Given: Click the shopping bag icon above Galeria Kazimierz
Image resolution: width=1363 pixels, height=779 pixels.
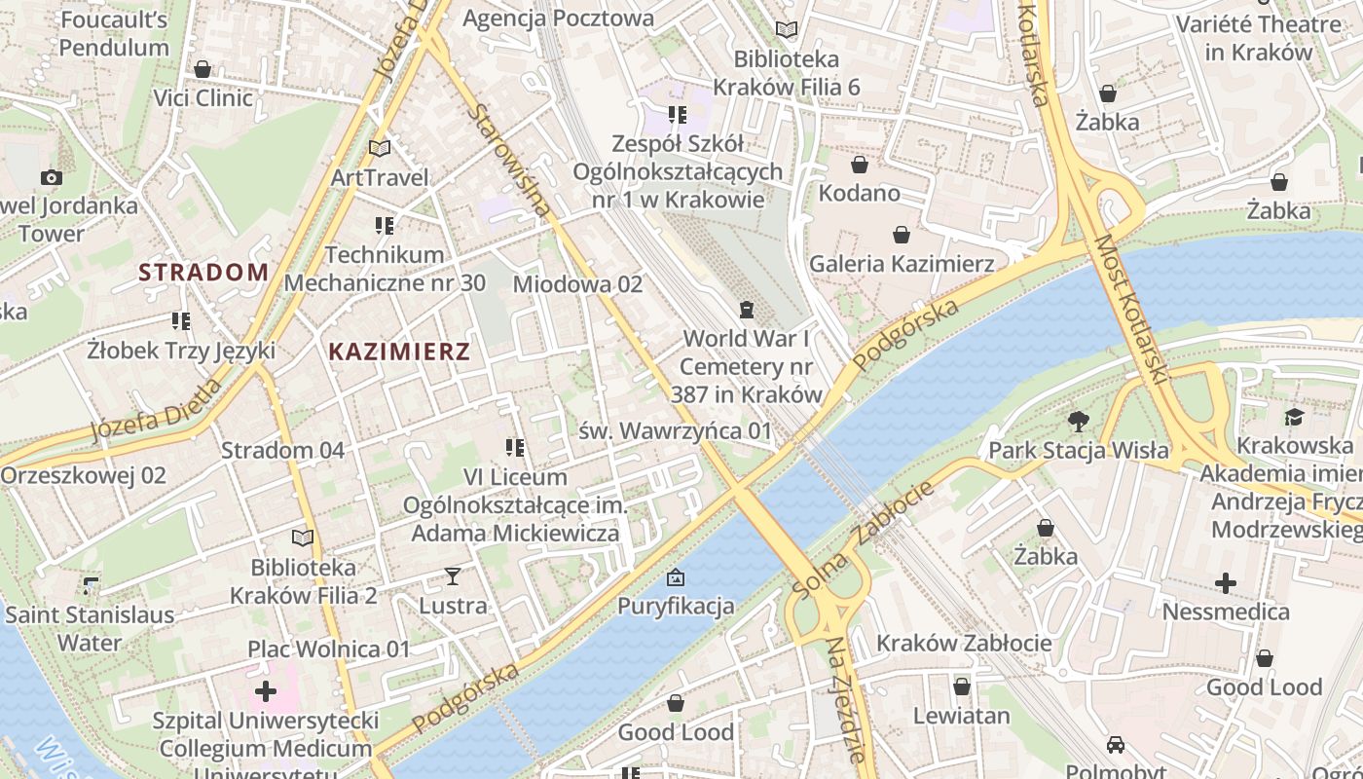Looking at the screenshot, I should (x=902, y=235).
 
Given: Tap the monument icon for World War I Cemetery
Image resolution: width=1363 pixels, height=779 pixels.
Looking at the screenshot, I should (x=747, y=310).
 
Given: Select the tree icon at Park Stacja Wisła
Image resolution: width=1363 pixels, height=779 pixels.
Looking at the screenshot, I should (x=1078, y=422).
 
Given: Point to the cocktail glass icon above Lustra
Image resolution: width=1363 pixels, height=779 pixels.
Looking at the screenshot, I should (x=453, y=576).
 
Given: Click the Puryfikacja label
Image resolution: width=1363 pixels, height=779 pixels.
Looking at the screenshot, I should (x=676, y=606).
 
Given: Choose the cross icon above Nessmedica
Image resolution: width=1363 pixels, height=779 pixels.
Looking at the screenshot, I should (x=1226, y=583).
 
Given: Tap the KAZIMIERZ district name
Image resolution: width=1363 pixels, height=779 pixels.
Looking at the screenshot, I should (x=399, y=352).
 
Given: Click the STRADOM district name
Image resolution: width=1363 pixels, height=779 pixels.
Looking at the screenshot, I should (x=203, y=272).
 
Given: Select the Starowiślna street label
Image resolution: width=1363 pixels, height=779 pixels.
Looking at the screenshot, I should (x=509, y=160).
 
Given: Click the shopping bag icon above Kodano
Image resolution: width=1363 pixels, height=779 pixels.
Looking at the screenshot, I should (x=859, y=165).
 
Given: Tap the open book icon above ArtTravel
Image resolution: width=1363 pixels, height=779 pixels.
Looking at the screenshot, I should (x=380, y=149).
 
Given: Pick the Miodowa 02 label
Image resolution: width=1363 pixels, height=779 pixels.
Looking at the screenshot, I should (x=577, y=284).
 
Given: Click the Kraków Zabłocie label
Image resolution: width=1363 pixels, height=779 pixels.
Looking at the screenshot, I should (x=964, y=643).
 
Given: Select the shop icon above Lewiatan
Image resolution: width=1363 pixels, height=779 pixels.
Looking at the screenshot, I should (x=962, y=686).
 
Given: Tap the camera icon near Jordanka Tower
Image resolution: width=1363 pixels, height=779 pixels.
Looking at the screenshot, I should (x=52, y=177).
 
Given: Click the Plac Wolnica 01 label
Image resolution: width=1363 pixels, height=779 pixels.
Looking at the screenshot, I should (x=329, y=649).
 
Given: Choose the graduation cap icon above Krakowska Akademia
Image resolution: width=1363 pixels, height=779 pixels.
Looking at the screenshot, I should (x=1294, y=418).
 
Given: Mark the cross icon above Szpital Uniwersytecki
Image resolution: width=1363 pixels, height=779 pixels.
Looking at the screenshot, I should (x=265, y=691).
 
